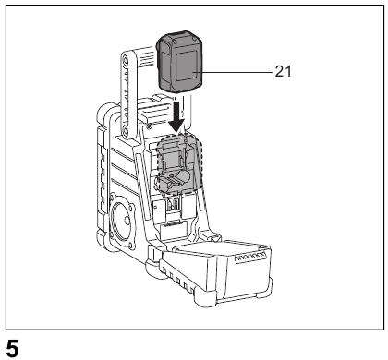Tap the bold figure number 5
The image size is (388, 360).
[13, 349]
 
